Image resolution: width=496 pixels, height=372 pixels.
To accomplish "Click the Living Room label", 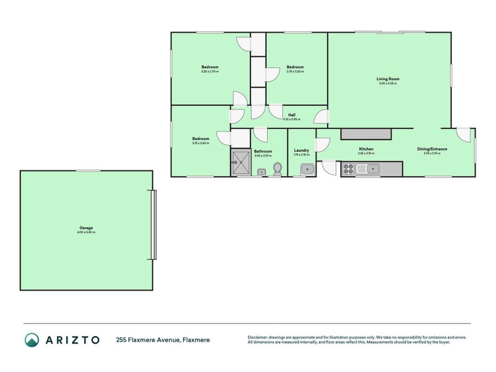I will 388,79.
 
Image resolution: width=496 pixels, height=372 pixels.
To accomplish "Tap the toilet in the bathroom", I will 278,169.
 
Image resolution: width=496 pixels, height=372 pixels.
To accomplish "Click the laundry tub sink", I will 306,169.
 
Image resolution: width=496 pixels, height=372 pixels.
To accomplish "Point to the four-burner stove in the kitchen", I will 348,168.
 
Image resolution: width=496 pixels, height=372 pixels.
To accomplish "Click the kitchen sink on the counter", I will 372,168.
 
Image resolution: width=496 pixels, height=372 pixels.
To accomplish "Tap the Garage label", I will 86,228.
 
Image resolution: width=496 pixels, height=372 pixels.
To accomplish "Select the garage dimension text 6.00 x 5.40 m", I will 86,232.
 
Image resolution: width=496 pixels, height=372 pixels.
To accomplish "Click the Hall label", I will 291,115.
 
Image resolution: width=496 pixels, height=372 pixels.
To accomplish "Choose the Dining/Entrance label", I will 432,149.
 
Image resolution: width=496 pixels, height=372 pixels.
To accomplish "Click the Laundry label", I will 301,150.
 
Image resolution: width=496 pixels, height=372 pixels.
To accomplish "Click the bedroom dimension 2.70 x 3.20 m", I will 295,71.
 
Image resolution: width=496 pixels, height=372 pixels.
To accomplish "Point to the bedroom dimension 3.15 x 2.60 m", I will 200,143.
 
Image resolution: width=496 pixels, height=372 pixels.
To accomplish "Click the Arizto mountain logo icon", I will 32,339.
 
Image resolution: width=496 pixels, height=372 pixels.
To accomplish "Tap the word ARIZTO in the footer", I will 72,339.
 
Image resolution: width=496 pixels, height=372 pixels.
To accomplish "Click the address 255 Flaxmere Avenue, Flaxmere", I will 163,340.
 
